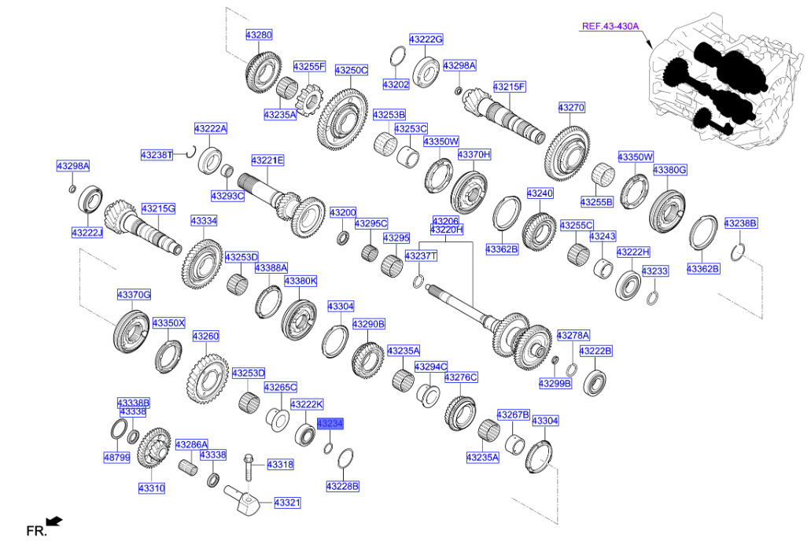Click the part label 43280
click(x=258, y=35)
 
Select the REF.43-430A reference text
click(x=609, y=26)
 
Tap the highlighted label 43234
click(x=330, y=423)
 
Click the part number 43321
click(x=287, y=502)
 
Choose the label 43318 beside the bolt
click(x=280, y=465)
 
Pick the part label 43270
click(x=572, y=107)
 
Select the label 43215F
click(x=509, y=86)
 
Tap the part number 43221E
click(x=267, y=160)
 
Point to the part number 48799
click(x=115, y=457)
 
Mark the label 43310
click(x=152, y=488)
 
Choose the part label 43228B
click(x=342, y=486)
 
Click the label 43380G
click(x=669, y=170)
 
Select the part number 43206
click(x=445, y=221)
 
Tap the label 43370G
click(x=134, y=294)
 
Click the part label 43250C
click(x=352, y=70)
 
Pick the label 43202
click(x=396, y=83)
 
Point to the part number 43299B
click(x=555, y=383)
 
